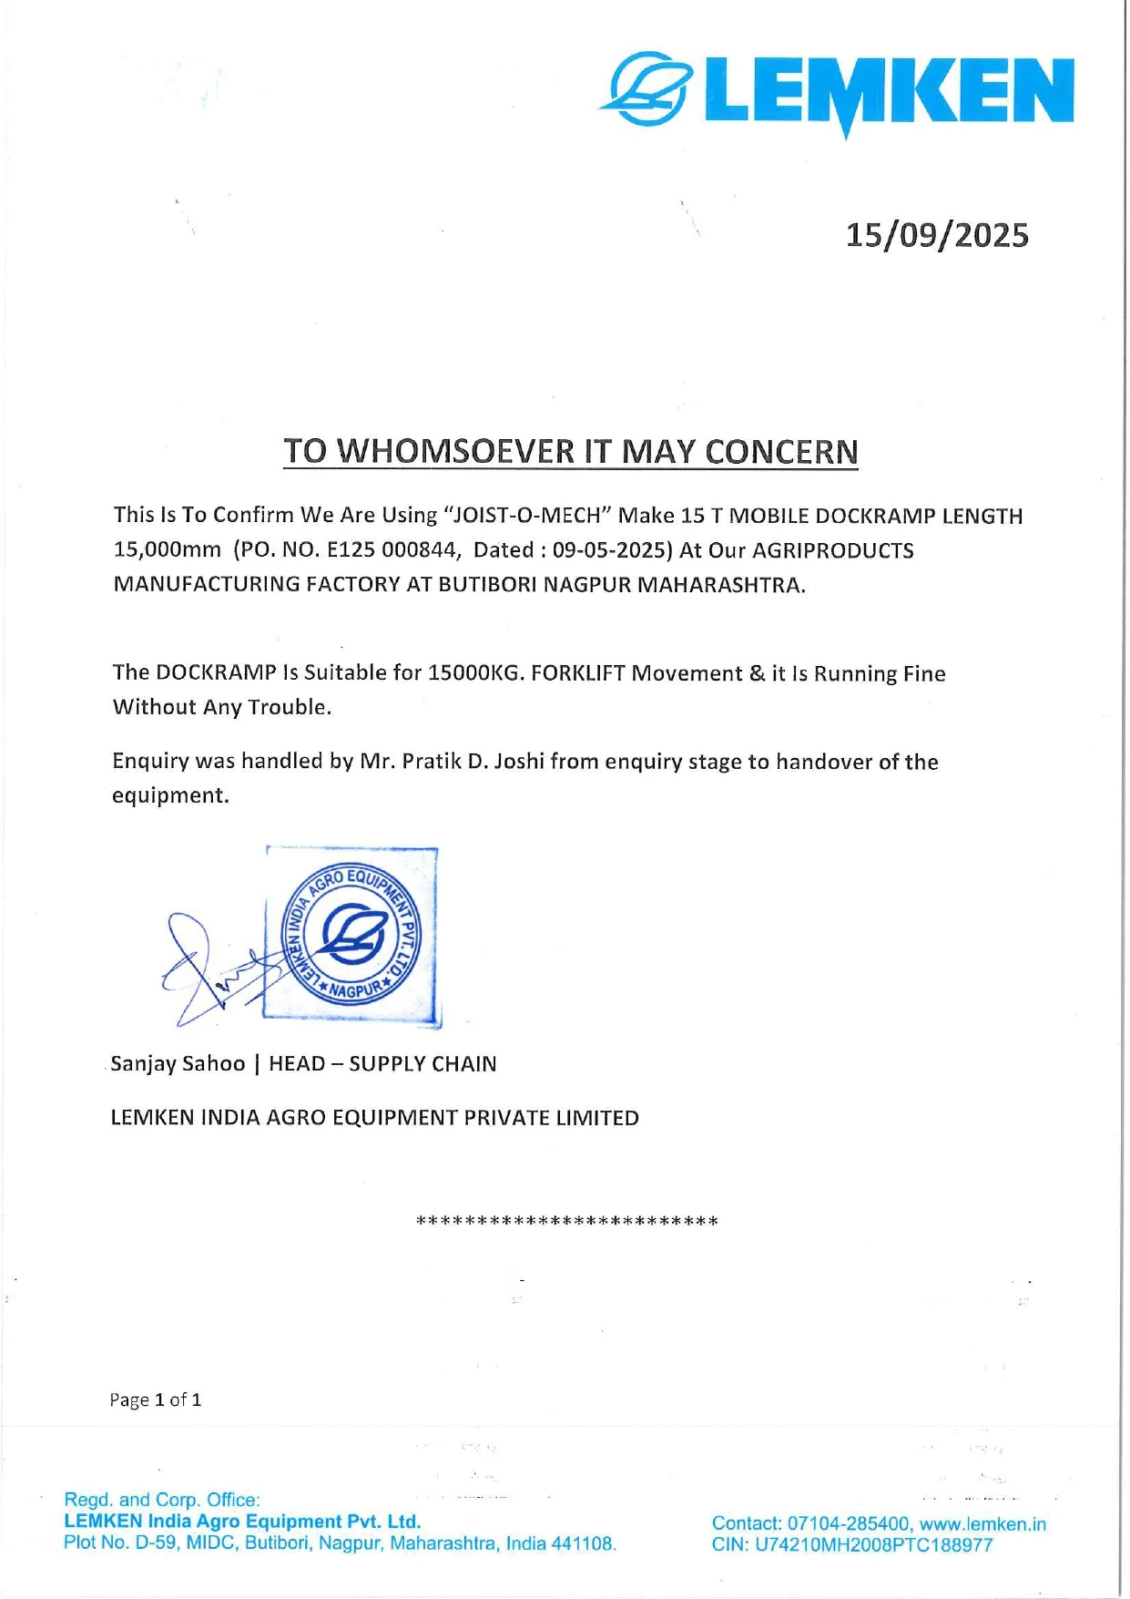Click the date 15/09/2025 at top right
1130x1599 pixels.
point(937,235)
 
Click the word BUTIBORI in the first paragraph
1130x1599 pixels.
point(488,585)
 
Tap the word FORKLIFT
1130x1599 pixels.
point(578,673)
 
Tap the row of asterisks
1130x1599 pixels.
point(566,1221)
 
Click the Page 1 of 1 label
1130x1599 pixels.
point(156,1399)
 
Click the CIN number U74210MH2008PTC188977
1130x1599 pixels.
point(874,1544)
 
